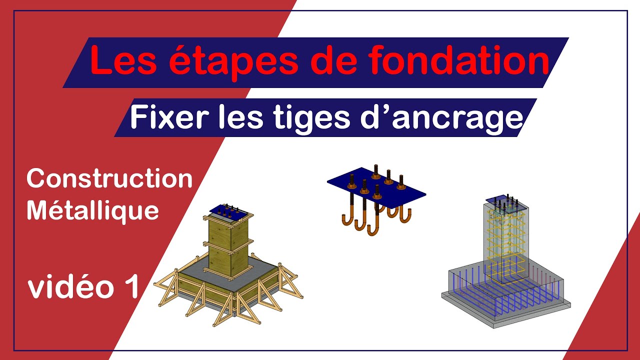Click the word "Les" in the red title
[123, 61]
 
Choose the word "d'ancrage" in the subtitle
[441, 119]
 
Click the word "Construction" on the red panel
[109, 178]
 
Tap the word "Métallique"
[92, 211]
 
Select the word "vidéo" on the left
[71, 286]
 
